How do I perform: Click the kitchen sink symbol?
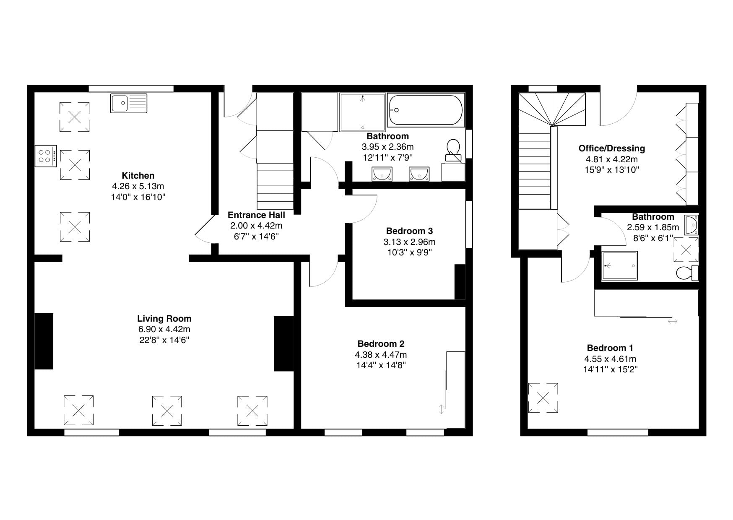coord(129,103)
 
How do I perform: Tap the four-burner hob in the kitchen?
coord(46,156)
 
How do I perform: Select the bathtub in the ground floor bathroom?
coord(426,110)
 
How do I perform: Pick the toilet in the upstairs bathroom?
coord(688,273)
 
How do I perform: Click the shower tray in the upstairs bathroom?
coord(619,266)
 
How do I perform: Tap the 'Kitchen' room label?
coord(138,175)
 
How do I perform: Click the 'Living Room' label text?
coord(164,319)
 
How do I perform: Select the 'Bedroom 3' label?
coord(409,231)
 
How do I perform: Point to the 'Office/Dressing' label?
coord(611,148)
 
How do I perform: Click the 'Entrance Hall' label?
coord(256,215)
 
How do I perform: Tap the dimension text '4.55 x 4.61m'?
coord(610,359)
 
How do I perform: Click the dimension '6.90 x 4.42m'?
coord(164,329)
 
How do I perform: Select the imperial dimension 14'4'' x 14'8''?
coord(381,365)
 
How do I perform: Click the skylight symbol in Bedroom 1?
coord(543,398)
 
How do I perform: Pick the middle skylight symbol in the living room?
coord(167,411)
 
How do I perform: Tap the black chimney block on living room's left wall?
coord(44,341)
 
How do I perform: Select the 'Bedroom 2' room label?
coord(381,344)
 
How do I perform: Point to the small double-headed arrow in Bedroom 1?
coord(672,322)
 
